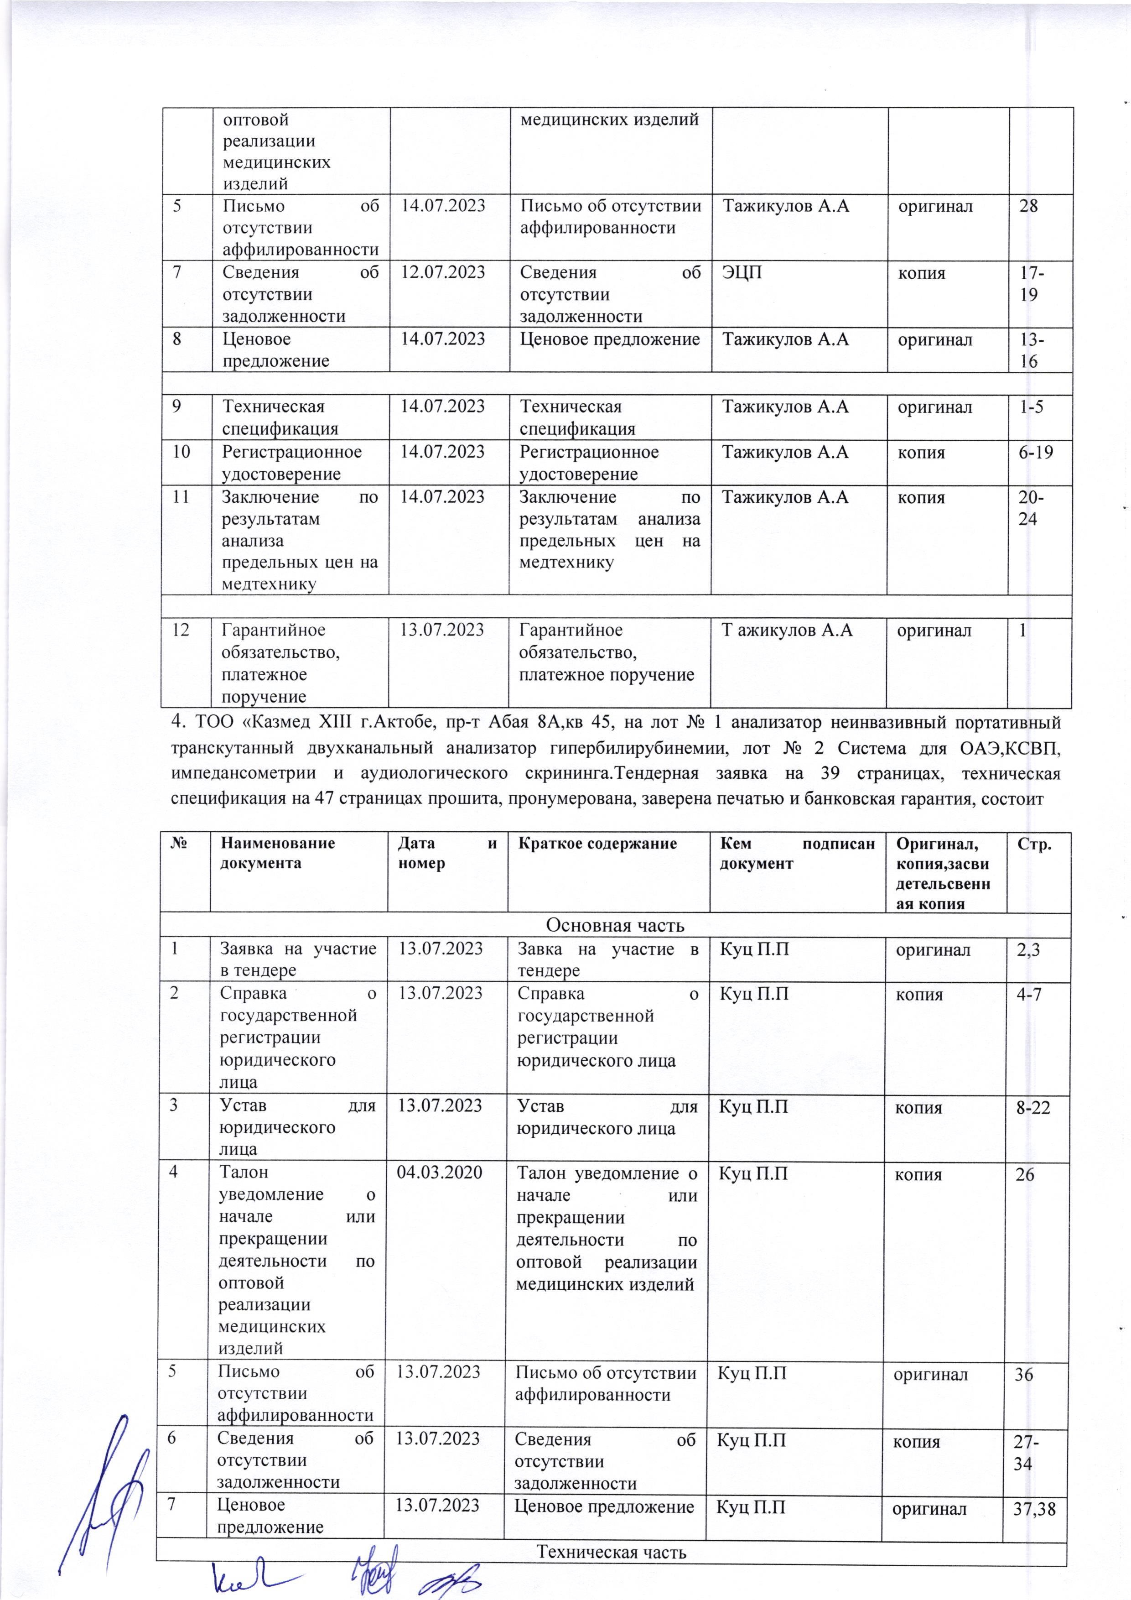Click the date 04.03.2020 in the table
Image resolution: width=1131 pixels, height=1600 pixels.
pyautogui.click(x=439, y=1174)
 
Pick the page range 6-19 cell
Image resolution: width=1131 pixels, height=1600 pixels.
pyautogui.click(x=1033, y=452)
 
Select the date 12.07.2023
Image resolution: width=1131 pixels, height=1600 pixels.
pyautogui.click(x=442, y=272)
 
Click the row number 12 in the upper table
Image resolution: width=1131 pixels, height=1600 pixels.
pyautogui.click(x=182, y=631)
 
